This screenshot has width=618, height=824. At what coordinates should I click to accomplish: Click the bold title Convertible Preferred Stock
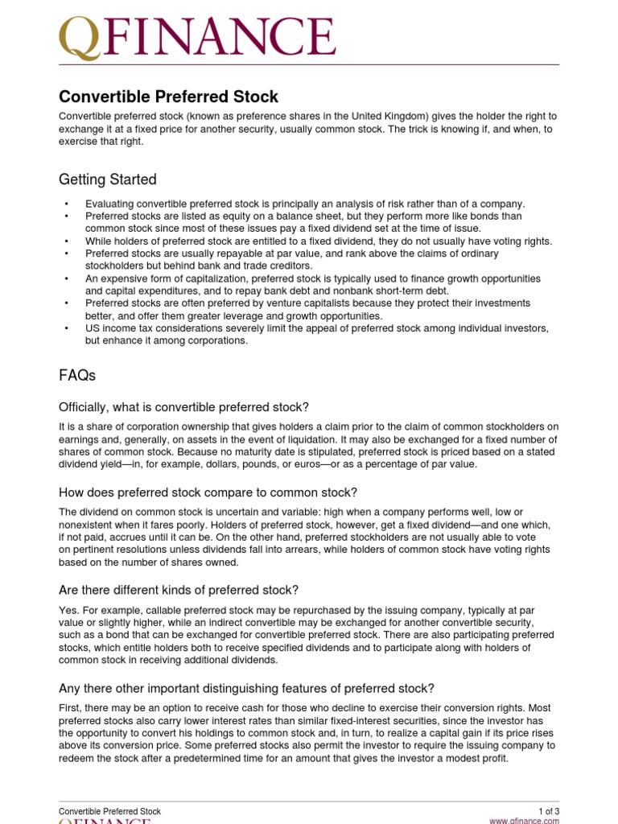coord(168,97)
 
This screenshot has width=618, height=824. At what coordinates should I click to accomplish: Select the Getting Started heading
coord(108,179)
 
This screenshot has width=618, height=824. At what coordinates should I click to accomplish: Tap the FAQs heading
coord(77,375)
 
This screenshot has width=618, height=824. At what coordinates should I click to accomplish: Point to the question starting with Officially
coord(183,406)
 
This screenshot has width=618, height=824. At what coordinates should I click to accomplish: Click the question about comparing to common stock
coord(208,492)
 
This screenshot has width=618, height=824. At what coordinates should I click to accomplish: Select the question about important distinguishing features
coord(246,688)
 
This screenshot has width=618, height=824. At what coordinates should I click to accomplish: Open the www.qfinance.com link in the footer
coord(524,821)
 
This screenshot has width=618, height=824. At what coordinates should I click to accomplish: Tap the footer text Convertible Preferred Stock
coord(109,811)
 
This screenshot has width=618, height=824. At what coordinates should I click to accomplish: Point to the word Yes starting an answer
coord(68,609)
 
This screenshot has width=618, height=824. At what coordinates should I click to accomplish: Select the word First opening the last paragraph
coord(69,707)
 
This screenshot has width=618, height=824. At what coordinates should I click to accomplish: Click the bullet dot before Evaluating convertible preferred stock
coord(67,204)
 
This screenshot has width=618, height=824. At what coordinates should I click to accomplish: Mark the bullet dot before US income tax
coord(67,328)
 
